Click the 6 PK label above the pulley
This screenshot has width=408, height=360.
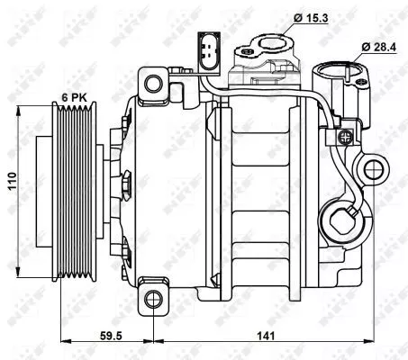coord(74,95)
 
